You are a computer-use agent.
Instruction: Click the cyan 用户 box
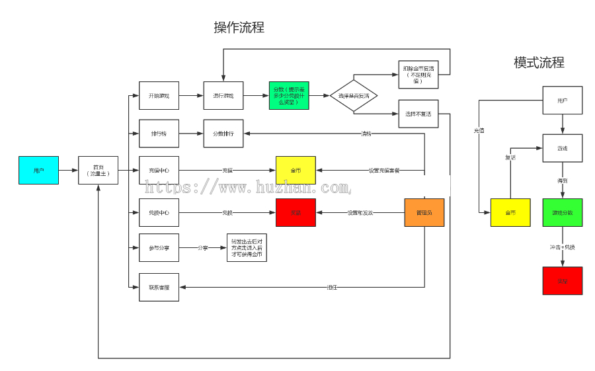(x=38, y=170)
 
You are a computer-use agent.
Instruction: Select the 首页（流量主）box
(x=98, y=170)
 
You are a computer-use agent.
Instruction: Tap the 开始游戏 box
(x=159, y=96)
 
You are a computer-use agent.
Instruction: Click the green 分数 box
(x=289, y=96)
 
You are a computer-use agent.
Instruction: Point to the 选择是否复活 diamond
(x=354, y=96)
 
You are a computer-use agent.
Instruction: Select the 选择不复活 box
(x=418, y=114)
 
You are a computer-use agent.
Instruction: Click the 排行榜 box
(x=159, y=134)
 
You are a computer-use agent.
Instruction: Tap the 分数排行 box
(x=223, y=134)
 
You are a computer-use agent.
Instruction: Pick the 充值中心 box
(x=159, y=170)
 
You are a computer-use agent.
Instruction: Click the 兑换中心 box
(x=159, y=212)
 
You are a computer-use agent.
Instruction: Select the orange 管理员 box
(x=424, y=212)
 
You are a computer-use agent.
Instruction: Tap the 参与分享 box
(x=159, y=248)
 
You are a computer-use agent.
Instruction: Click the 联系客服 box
(x=159, y=287)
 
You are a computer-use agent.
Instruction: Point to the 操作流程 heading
(x=239, y=28)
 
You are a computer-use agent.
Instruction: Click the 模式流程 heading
(x=539, y=63)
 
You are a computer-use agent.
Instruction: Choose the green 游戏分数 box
(x=563, y=212)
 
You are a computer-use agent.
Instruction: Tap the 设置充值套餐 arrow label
(x=384, y=170)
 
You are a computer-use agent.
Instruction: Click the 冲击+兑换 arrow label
(x=563, y=247)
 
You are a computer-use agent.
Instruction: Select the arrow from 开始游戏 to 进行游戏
(x=190, y=96)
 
